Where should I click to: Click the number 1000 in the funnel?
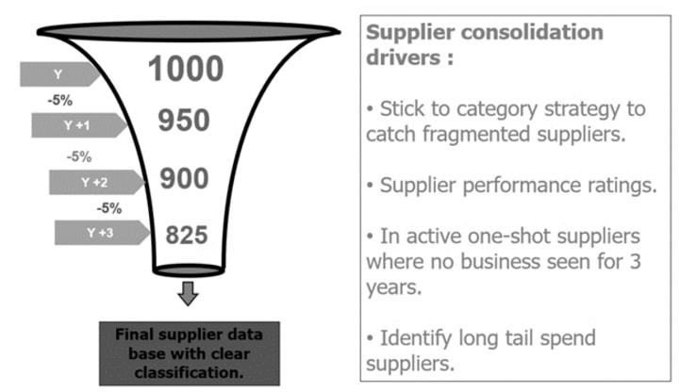[186, 69]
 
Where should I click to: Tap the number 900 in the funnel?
[185, 179]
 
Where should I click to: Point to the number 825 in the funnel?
[186, 235]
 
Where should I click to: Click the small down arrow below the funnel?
[189, 294]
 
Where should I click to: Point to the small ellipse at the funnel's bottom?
[189, 271]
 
